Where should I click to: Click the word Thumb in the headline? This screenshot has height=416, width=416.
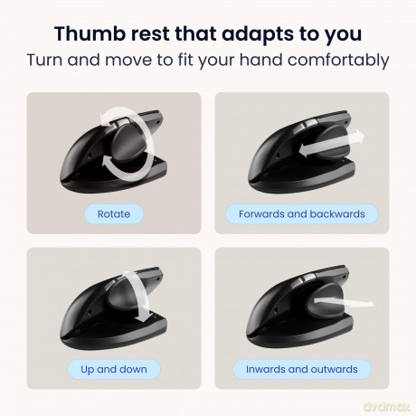point(90,33)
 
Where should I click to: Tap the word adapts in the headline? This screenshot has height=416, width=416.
point(257,34)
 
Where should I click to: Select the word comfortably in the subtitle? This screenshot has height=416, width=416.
point(338,61)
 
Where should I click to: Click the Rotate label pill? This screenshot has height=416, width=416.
point(114,214)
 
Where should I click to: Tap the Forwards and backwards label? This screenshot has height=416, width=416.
point(302,214)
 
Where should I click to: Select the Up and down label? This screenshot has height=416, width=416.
point(114,369)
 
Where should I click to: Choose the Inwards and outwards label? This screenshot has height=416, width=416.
point(302,369)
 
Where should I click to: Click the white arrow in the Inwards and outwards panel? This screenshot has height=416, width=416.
point(344,302)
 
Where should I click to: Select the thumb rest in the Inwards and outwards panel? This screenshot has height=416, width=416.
point(325,301)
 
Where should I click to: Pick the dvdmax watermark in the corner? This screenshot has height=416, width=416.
point(387,406)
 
